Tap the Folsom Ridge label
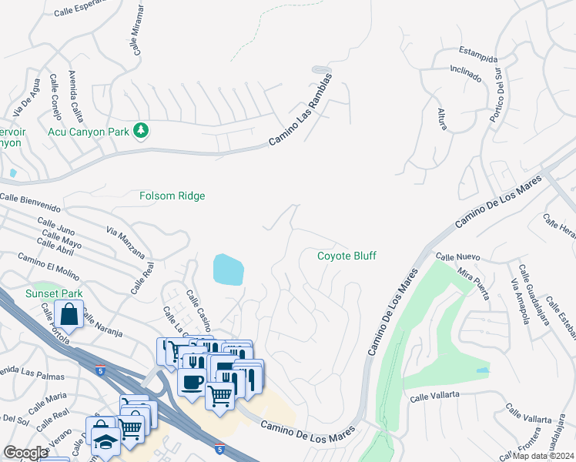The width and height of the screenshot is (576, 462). (x=172, y=196)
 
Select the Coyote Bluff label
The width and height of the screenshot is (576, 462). (x=347, y=256)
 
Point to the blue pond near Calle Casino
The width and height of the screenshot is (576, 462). (x=228, y=269)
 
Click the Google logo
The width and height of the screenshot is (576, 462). (x=25, y=453)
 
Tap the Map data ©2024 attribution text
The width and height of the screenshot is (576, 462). (x=543, y=456)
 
